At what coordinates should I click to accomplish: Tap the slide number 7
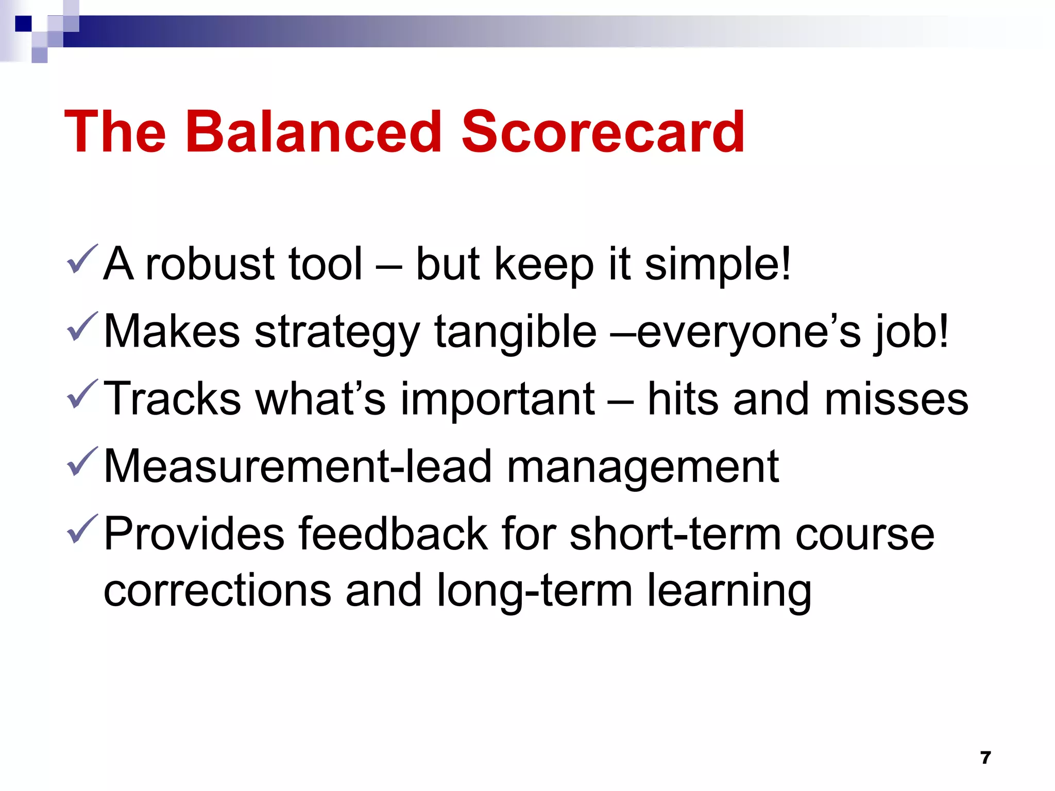(985, 758)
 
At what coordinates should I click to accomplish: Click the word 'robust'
(210, 264)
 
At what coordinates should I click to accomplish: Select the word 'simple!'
(717, 264)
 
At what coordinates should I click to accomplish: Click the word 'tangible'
(515, 332)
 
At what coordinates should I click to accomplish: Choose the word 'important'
(498, 399)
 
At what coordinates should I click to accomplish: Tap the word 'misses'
(896, 399)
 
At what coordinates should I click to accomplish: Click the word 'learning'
(729, 591)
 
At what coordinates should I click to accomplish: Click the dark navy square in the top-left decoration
(23, 24)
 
